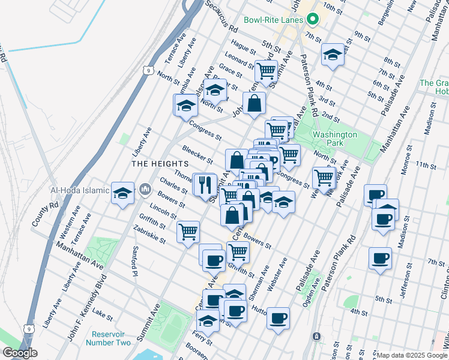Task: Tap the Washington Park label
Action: [x=334, y=139]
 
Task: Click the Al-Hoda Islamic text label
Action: [x=80, y=190]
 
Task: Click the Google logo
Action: [x=20, y=353]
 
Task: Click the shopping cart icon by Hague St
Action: [x=265, y=71]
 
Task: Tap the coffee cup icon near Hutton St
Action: [x=278, y=317]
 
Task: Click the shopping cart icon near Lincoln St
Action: [x=188, y=230]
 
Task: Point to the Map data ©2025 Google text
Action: [x=412, y=355]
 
